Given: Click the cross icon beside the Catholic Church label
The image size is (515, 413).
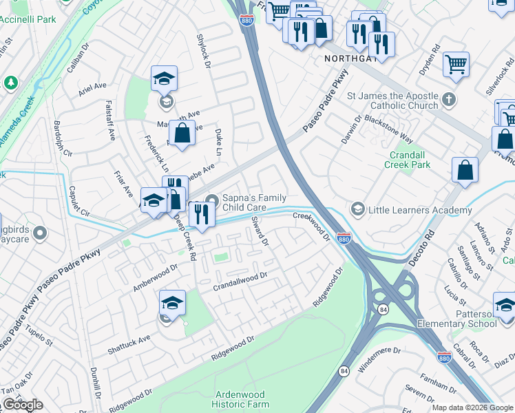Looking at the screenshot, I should tap(448, 99).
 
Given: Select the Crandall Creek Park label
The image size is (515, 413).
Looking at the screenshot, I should tap(409, 160).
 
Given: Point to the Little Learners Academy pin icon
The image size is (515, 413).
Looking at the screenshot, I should tap(357, 209).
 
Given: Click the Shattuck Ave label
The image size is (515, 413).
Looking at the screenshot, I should tap(129, 345).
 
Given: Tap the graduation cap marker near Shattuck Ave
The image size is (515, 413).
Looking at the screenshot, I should tap(172, 302).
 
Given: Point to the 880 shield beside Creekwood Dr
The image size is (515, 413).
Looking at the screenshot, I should tap(345, 238).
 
